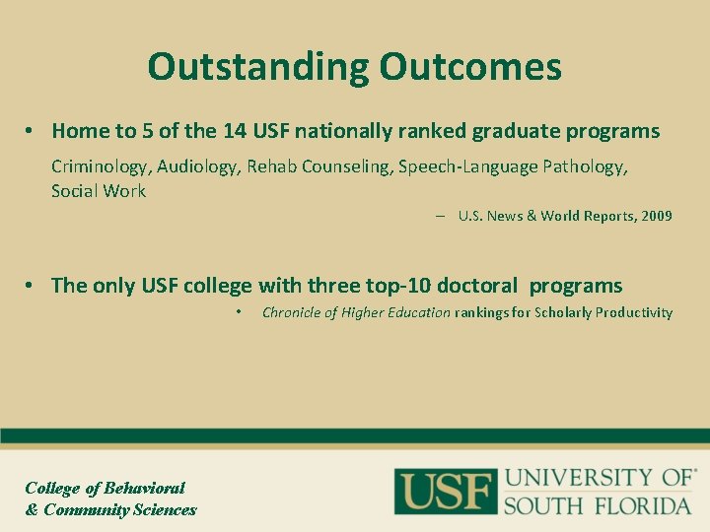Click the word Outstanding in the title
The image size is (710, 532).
258,67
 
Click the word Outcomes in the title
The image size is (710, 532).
470,67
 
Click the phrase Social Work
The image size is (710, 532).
98,191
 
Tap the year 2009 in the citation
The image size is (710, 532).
656,216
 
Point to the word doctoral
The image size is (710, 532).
476,286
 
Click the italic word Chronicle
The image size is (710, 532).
293,312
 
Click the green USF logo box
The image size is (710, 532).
445,490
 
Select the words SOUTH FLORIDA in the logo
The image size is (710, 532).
598,505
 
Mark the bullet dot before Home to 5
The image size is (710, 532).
32,131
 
